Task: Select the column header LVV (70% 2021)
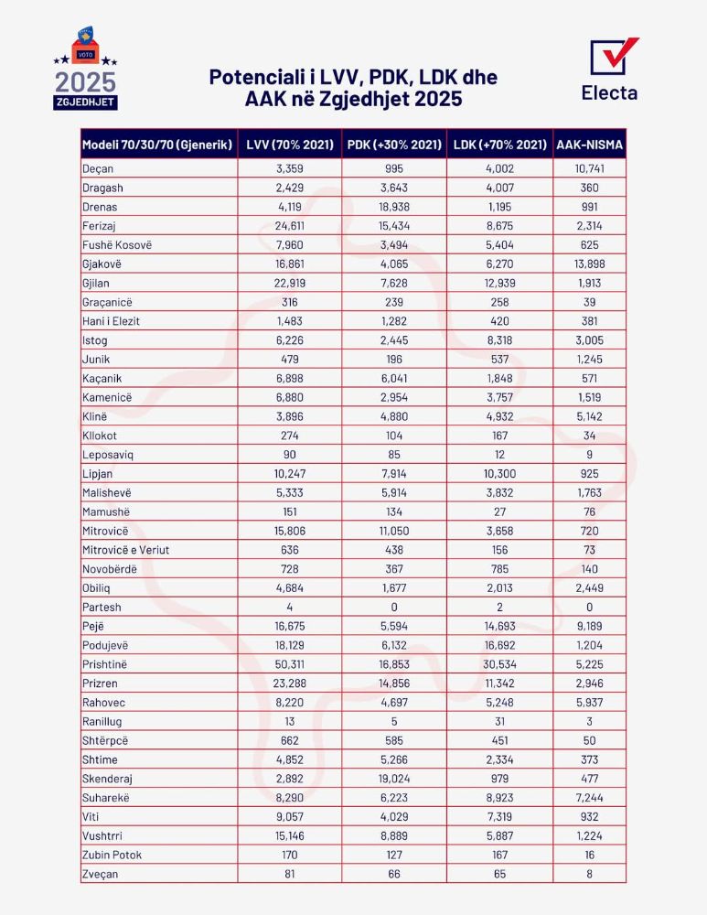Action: tap(289, 145)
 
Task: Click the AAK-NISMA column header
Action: tap(590, 145)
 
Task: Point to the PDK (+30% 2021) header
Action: tap(394, 145)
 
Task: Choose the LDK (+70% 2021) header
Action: tap(499, 145)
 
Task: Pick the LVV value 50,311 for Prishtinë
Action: tap(289, 663)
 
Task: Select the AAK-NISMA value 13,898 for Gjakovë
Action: tap(590, 264)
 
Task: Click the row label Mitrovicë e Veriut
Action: tap(126, 549)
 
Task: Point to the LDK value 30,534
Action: tap(499, 663)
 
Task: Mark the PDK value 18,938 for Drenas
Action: tap(394, 207)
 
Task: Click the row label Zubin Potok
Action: tap(112, 855)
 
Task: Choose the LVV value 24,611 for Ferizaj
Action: tap(289, 225)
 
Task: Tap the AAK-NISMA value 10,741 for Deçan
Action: tap(590, 167)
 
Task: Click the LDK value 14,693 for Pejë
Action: tap(499, 626)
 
